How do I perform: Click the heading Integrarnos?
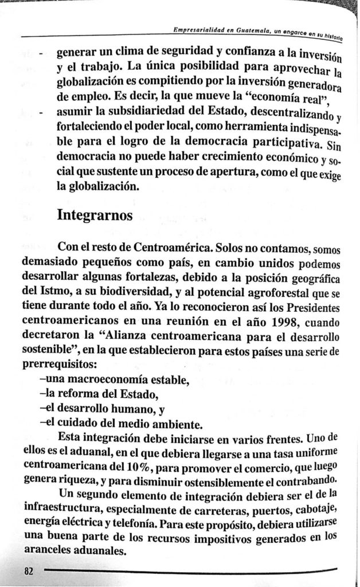96,217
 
